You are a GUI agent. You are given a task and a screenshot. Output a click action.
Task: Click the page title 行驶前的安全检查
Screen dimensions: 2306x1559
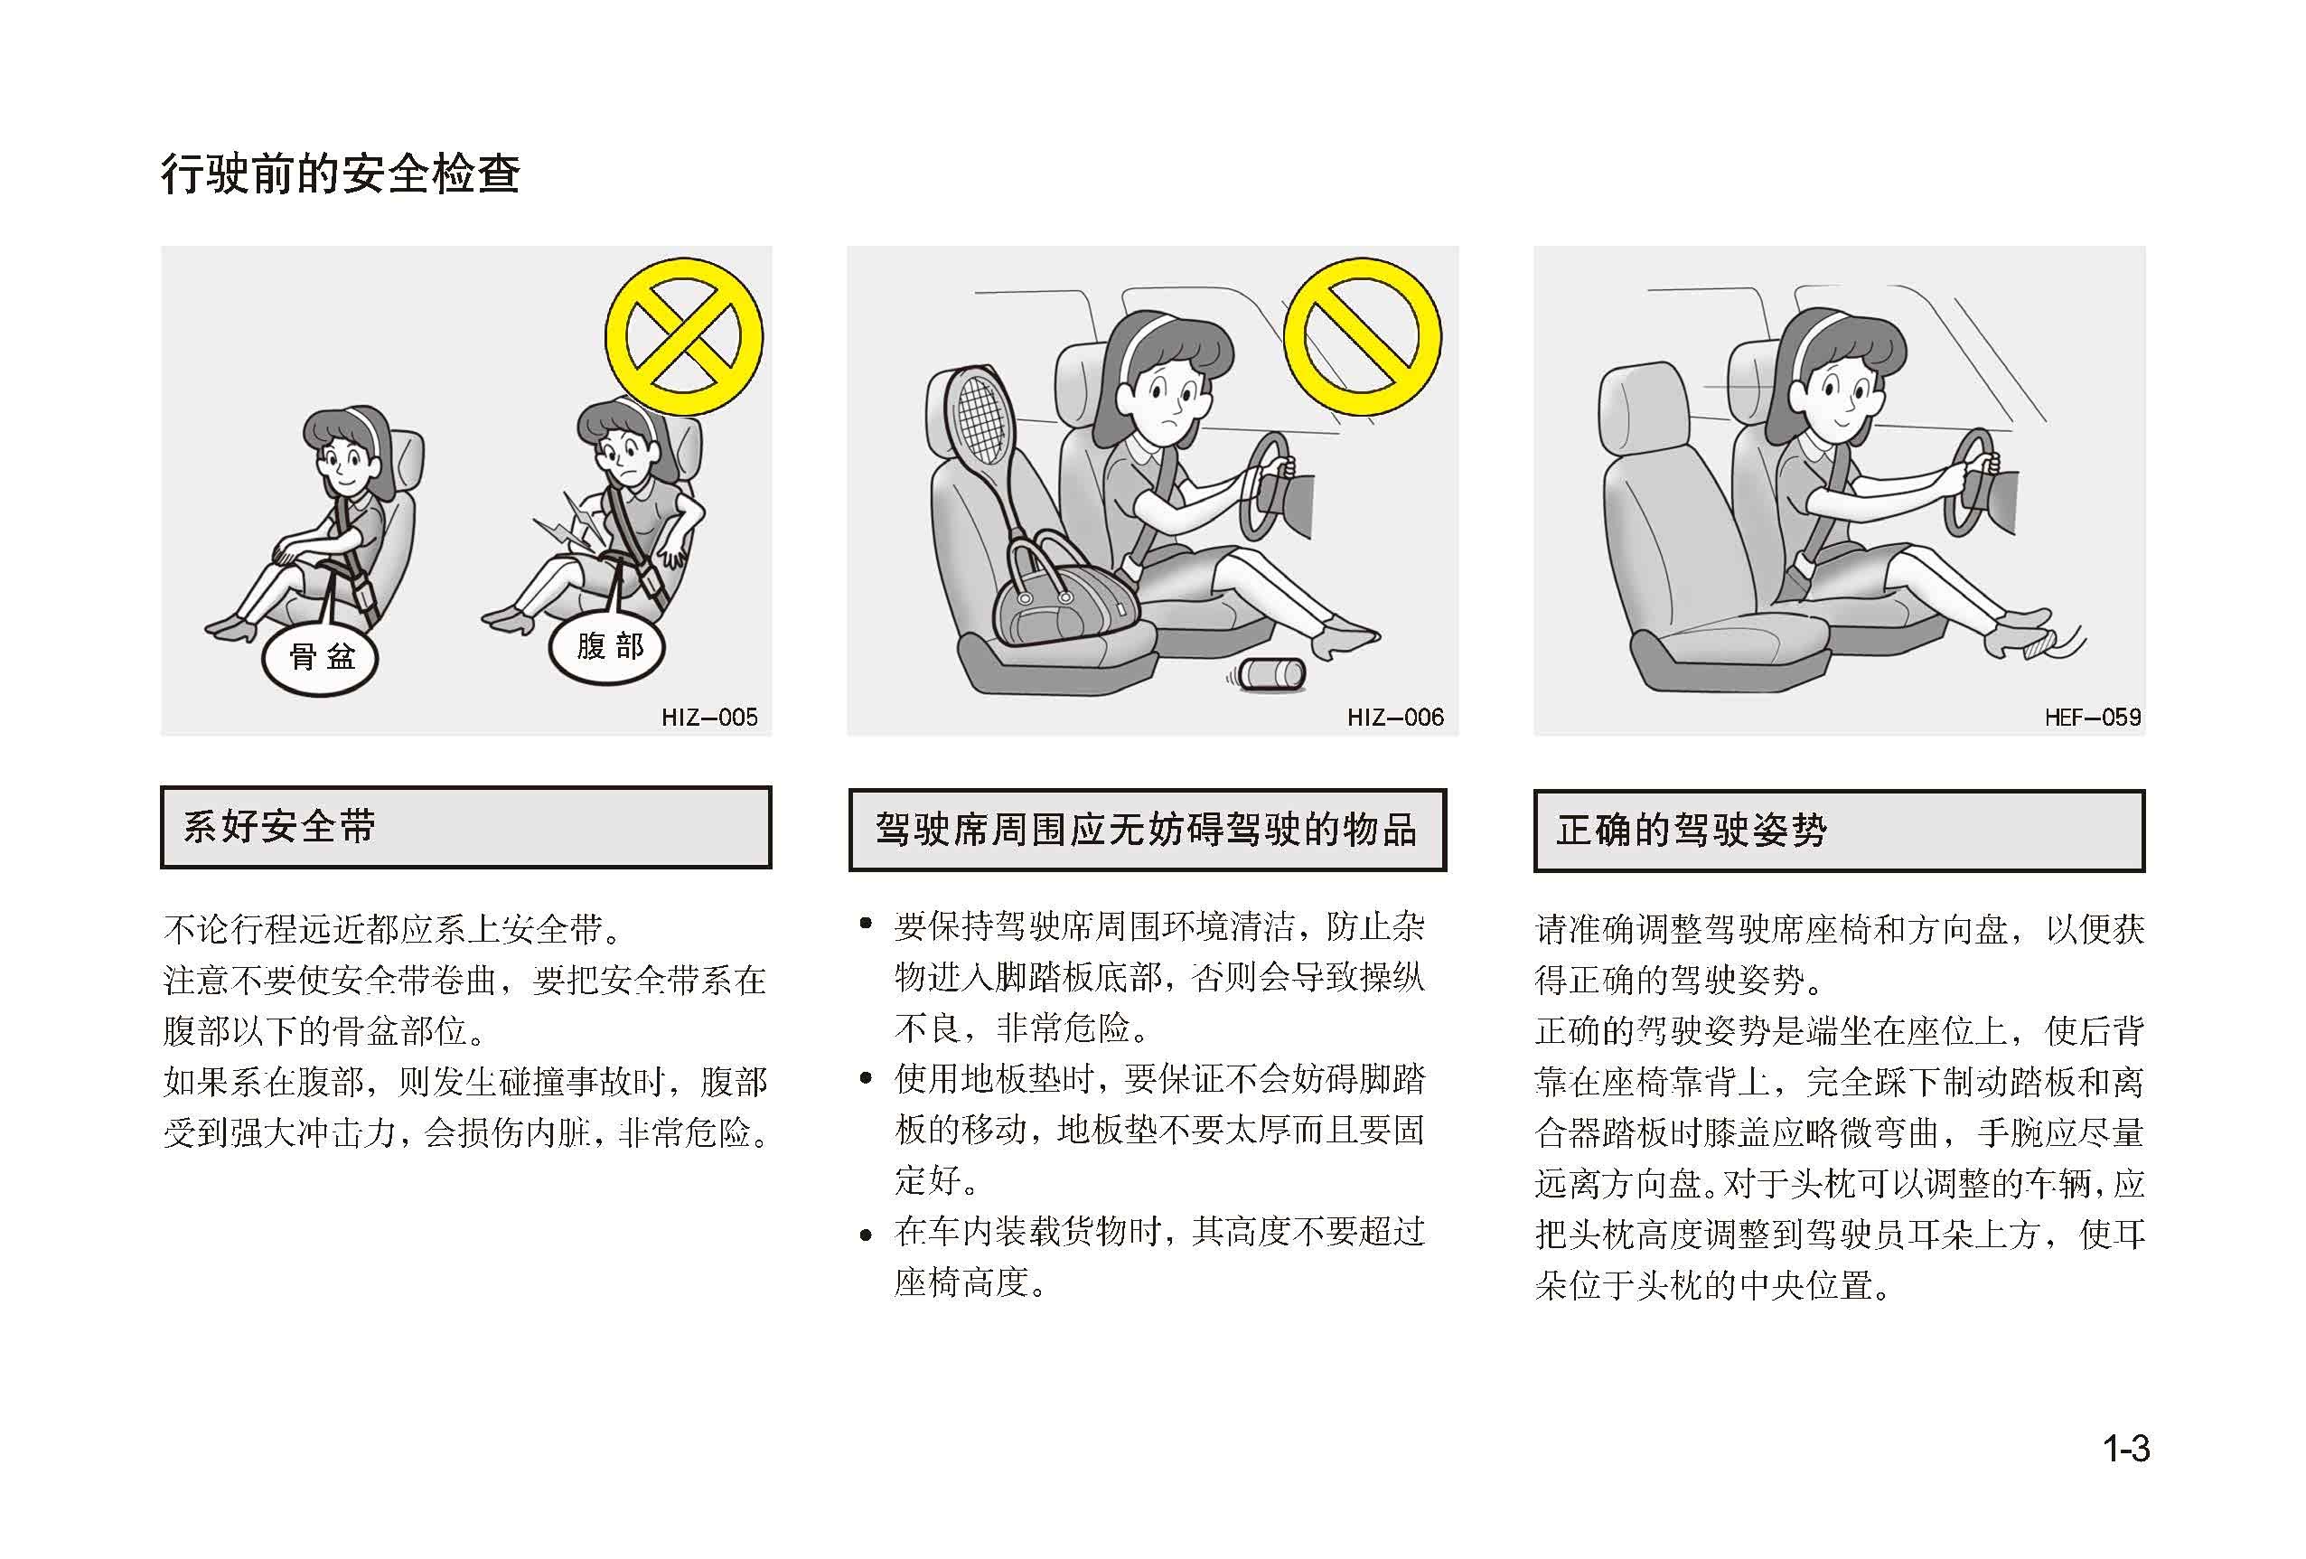point(341,174)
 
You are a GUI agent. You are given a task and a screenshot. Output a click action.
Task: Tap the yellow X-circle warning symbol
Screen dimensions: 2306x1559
point(685,337)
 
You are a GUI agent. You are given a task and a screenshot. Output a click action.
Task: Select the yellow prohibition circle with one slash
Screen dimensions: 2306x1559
point(1363,337)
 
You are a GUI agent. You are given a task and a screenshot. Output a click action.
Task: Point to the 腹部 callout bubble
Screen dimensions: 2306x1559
point(607,646)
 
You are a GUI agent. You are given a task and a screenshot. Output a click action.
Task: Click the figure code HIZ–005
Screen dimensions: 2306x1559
point(709,718)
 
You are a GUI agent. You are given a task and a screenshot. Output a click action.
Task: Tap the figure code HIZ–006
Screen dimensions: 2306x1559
point(1395,718)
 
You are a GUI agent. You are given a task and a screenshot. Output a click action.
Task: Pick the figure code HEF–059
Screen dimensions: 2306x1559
point(2093,718)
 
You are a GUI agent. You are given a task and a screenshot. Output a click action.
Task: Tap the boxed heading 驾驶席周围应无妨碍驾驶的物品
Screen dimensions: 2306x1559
point(1146,830)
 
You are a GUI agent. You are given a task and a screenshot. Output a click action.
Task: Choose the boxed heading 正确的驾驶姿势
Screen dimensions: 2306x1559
point(1692,831)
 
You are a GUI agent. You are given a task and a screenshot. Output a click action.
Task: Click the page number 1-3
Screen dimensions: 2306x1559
point(2126,1449)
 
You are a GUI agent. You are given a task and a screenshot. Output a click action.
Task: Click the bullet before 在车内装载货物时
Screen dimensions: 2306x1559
point(867,1235)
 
